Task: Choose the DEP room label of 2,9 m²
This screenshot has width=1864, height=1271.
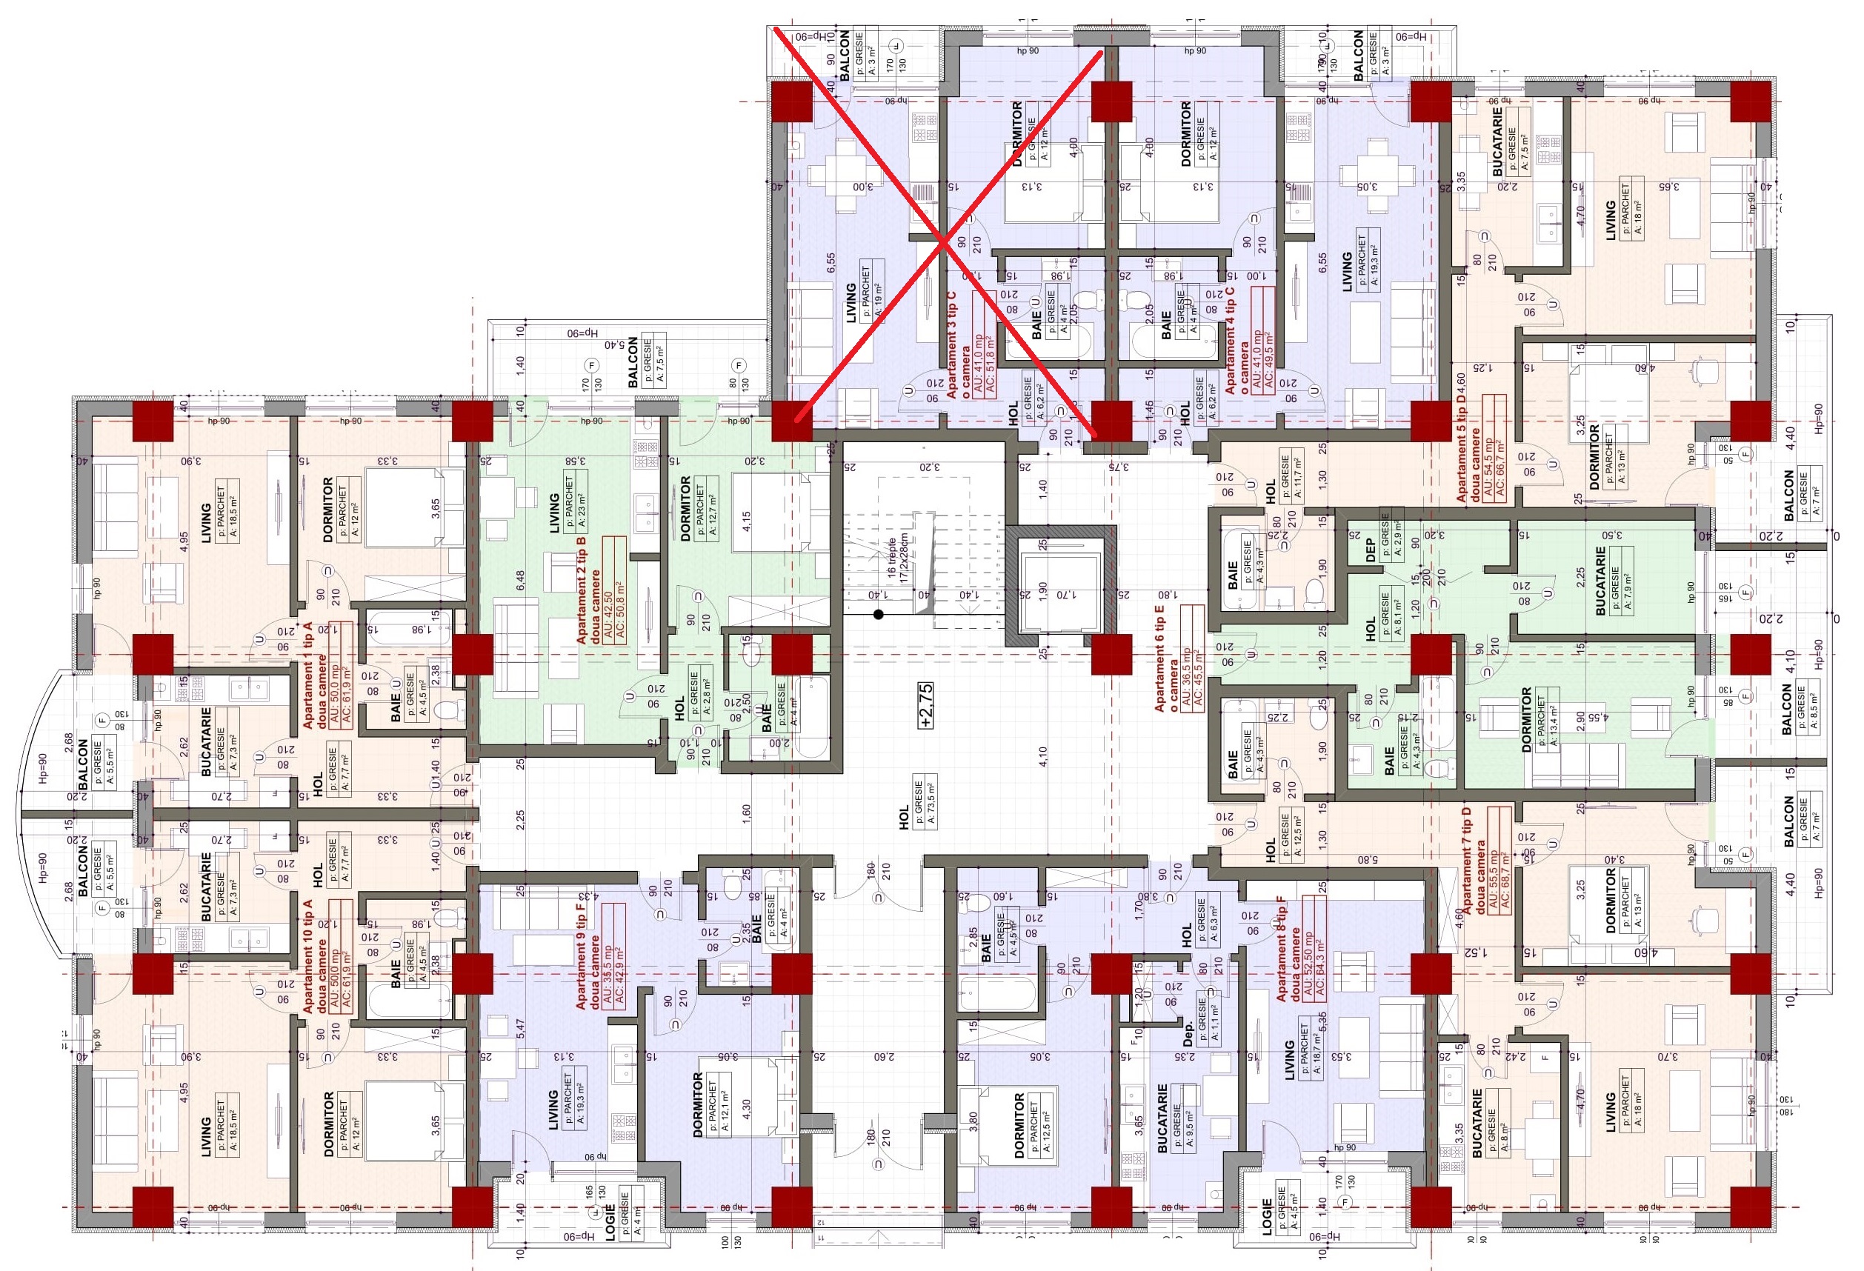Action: tap(1370, 549)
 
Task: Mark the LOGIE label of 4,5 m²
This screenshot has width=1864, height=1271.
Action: tap(1268, 1217)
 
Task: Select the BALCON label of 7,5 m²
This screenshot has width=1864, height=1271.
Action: tap(633, 361)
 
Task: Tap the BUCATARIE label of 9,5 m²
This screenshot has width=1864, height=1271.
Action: tap(1163, 1118)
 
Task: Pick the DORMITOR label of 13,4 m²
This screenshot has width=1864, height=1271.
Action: tap(1526, 719)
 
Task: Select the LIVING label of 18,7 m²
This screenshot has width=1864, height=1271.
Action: tap(1290, 1060)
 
